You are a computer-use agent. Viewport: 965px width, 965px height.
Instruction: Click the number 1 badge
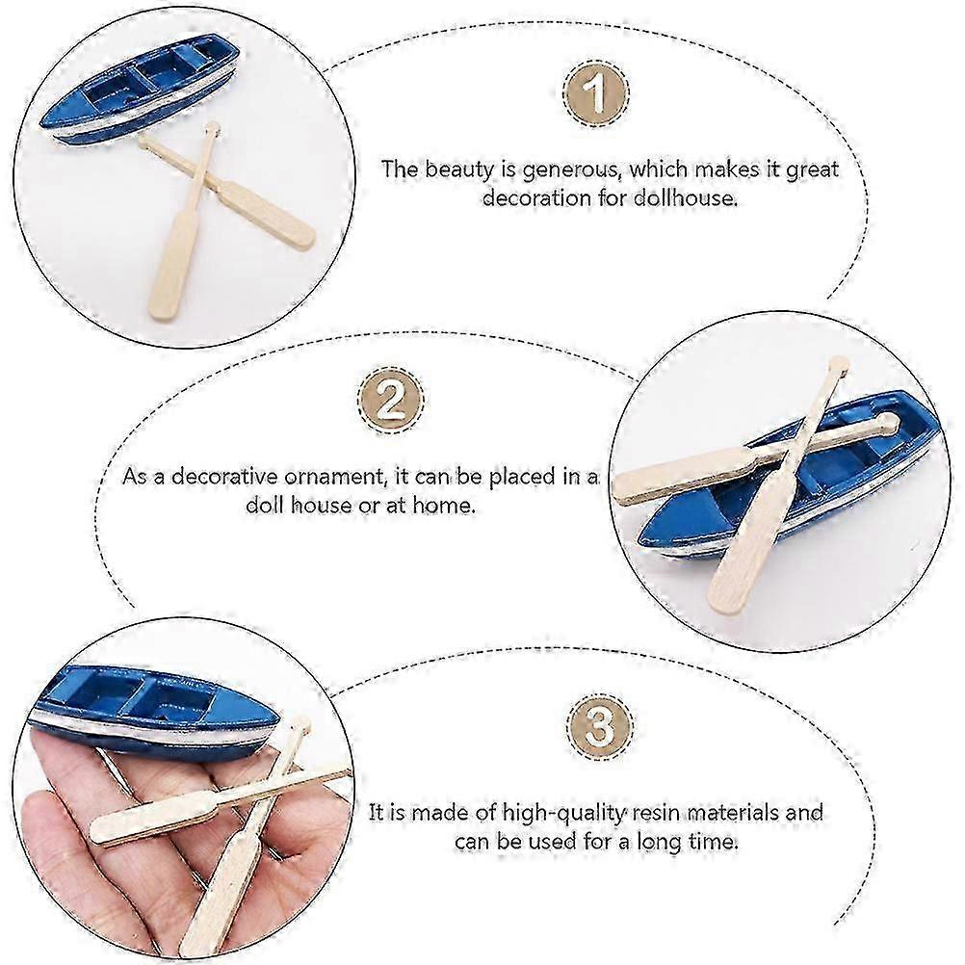click(596, 92)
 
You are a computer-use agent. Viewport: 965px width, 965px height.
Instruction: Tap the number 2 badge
click(390, 400)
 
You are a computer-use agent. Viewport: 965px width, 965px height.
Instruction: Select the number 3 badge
click(599, 725)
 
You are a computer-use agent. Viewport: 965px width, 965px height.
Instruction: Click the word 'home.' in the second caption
click(444, 506)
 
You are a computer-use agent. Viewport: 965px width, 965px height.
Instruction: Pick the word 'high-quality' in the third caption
click(563, 814)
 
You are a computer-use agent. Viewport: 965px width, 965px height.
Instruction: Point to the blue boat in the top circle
click(141, 88)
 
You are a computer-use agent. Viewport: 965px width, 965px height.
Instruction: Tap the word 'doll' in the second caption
click(265, 506)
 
